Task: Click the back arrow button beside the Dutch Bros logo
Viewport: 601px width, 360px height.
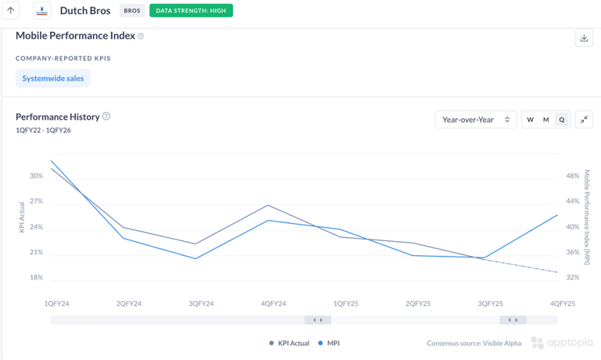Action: tap(11, 11)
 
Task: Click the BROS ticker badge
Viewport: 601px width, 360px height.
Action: tap(132, 11)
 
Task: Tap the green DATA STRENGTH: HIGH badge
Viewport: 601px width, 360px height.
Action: tap(191, 11)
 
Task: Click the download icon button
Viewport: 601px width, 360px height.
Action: tap(584, 38)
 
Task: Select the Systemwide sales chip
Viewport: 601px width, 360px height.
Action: tap(53, 78)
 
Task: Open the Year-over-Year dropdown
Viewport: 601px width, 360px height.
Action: tap(476, 120)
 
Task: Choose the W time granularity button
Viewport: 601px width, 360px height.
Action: tap(531, 120)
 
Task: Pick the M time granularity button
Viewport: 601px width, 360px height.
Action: tap(546, 120)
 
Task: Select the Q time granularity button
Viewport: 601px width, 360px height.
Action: tap(562, 120)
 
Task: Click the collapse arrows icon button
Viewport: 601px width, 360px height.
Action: tap(585, 120)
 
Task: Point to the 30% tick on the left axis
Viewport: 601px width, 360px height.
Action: tap(36, 176)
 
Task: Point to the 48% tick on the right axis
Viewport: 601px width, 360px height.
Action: tap(573, 176)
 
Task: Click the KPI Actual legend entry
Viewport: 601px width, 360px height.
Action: tap(290, 343)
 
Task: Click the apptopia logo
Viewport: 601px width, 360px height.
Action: tap(562, 343)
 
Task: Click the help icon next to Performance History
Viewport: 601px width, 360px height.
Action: tap(106, 117)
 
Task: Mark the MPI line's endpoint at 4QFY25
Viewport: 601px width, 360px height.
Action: tap(557, 215)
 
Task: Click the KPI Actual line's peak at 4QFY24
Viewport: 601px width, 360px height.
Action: tap(268, 205)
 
